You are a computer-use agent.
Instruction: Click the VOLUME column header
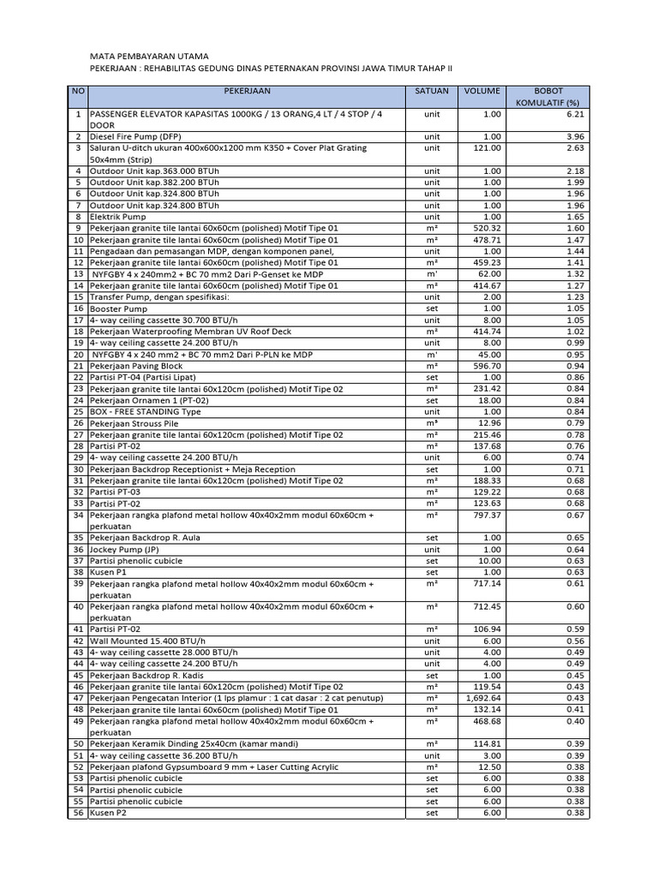click(x=483, y=91)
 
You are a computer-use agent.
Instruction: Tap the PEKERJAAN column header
click(x=248, y=91)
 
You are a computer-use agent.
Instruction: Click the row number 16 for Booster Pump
click(x=78, y=308)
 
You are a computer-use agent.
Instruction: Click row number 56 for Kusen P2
click(x=78, y=813)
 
